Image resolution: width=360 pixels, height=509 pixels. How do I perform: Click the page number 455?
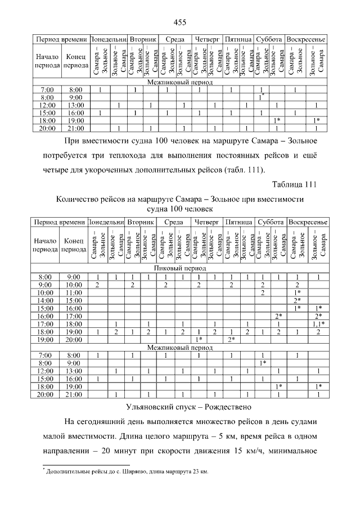180,22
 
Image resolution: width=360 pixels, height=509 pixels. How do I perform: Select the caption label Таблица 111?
295,184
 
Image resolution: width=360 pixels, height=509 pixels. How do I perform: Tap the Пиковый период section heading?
180,269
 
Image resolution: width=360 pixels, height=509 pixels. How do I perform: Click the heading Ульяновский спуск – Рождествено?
180,407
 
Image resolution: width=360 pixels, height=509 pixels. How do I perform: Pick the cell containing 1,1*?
318,323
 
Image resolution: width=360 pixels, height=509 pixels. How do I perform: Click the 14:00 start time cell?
45,300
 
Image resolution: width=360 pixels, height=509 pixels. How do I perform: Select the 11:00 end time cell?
74,292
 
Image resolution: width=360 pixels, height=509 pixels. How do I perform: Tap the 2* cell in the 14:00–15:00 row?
298,300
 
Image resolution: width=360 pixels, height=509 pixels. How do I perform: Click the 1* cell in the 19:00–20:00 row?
198,339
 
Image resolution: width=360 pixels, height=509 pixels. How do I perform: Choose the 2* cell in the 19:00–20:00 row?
231,339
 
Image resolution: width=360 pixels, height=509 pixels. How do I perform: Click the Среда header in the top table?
175,39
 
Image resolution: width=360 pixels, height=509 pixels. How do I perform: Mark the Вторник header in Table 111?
139,222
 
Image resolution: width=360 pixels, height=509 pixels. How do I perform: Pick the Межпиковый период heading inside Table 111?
180,348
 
